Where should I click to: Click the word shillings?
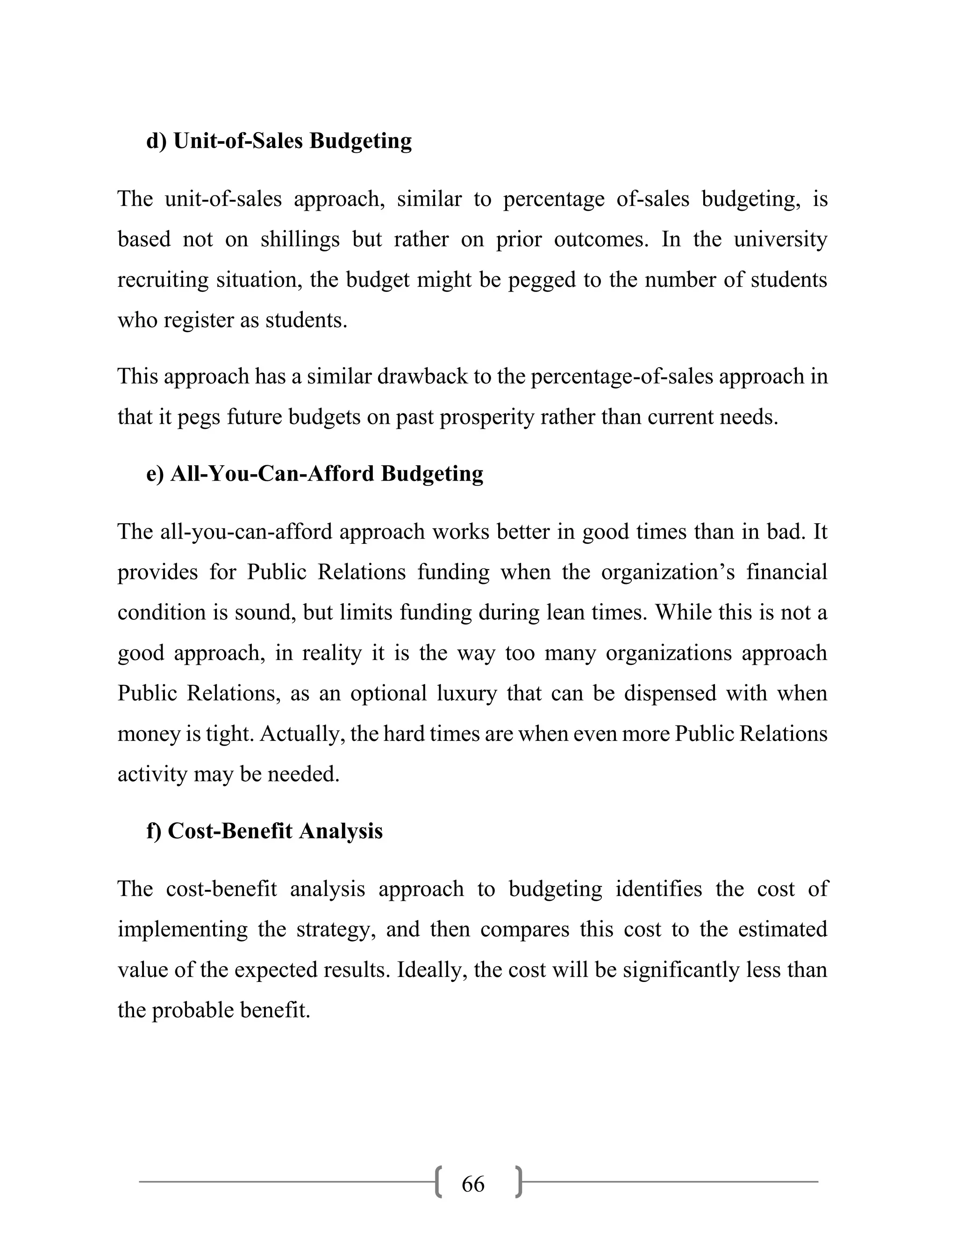click(300, 240)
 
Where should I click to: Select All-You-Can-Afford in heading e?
click(271, 473)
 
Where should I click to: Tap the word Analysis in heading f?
click(341, 831)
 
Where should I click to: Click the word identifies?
click(658, 889)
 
